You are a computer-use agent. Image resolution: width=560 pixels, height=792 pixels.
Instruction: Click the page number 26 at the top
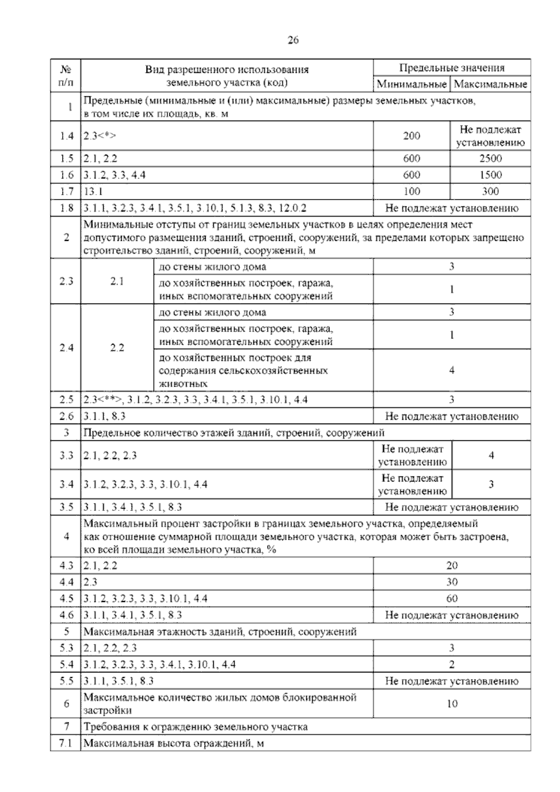pyautogui.click(x=293, y=40)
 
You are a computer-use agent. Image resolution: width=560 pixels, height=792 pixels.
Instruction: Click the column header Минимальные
pyautogui.click(x=411, y=85)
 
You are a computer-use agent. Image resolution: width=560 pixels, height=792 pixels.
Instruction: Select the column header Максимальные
pyautogui.click(x=490, y=85)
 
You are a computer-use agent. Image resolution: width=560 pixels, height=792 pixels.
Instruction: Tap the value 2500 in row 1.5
pyautogui.click(x=490, y=158)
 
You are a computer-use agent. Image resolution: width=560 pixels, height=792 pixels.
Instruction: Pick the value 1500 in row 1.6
pyautogui.click(x=490, y=175)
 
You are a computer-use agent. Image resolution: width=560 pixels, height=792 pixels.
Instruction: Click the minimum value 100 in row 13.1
pyautogui.click(x=412, y=191)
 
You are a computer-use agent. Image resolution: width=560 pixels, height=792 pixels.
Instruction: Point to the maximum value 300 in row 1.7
pyautogui.click(x=490, y=191)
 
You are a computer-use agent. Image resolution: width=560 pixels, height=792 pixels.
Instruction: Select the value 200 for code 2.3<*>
pyautogui.click(x=412, y=136)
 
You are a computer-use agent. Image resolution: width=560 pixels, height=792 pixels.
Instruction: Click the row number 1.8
pyautogui.click(x=66, y=208)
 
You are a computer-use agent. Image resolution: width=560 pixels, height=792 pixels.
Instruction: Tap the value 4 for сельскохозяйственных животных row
pyautogui.click(x=452, y=370)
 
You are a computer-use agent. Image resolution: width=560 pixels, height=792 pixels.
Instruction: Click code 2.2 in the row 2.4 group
pyautogui.click(x=117, y=348)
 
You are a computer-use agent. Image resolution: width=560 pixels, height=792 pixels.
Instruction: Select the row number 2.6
pyautogui.click(x=66, y=416)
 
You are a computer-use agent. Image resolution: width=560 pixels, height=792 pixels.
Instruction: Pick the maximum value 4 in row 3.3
pyautogui.click(x=491, y=455)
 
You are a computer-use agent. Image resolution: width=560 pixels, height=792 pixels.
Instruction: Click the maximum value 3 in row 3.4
pyautogui.click(x=491, y=484)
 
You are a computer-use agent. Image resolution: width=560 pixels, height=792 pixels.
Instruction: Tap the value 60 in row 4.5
pyautogui.click(x=452, y=599)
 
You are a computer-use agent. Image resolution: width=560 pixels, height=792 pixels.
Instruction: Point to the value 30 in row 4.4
pyautogui.click(x=452, y=582)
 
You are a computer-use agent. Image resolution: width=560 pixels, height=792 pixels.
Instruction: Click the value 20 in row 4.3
pyautogui.click(x=452, y=566)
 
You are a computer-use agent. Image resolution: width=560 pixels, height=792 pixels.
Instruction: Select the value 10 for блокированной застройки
pyautogui.click(x=452, y=704)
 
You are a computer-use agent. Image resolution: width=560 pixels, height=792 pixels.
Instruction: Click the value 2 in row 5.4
pyautogui.click(x=452, y=664)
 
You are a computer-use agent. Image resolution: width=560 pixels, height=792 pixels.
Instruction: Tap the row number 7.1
pyautogui.click(x=66, y=743)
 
